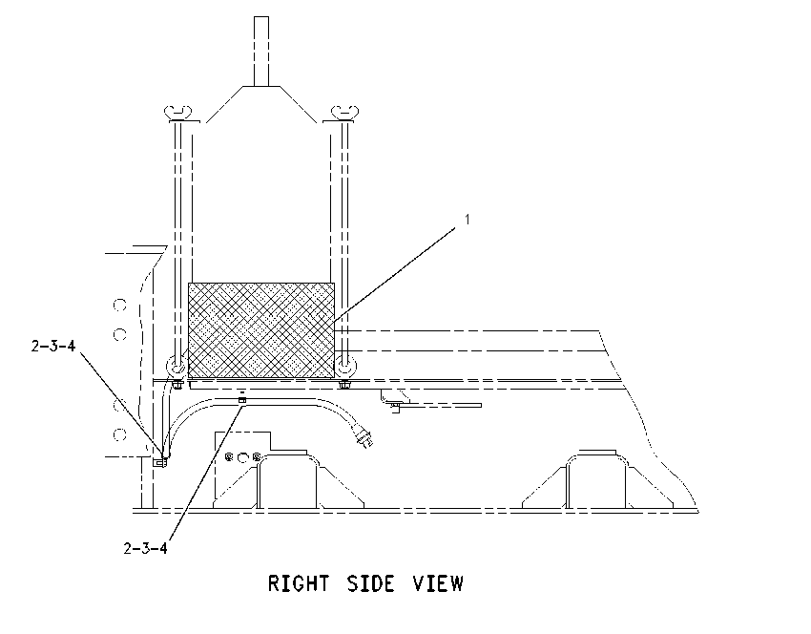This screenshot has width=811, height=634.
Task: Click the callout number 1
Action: point(468,220)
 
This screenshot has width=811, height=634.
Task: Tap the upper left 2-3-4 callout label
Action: point(53,346)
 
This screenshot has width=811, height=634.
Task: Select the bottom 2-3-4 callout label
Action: point(145,548)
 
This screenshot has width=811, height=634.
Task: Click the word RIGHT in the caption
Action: point(298,583)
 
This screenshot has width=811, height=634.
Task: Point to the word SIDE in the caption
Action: point(370,583)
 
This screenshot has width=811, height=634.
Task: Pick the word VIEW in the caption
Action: point(438,583)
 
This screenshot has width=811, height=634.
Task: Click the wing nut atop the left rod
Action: point(177,113)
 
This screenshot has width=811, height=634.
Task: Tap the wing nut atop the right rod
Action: point(345,113)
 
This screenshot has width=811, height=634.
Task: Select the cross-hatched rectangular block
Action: point(261,330)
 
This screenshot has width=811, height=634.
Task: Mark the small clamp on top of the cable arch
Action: point(241,399)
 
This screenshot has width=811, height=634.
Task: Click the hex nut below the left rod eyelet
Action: point(177,385)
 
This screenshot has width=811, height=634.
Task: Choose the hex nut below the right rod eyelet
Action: point(344,385)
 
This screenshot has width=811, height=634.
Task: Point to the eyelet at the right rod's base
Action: point(345,367)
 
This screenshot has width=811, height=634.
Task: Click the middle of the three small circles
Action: point(243,457)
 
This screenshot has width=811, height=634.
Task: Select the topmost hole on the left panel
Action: point(120,305)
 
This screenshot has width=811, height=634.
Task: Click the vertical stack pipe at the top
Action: point(261,52)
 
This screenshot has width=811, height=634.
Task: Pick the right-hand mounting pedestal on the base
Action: point(598,479)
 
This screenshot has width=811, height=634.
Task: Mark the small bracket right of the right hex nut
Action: point(396,401)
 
